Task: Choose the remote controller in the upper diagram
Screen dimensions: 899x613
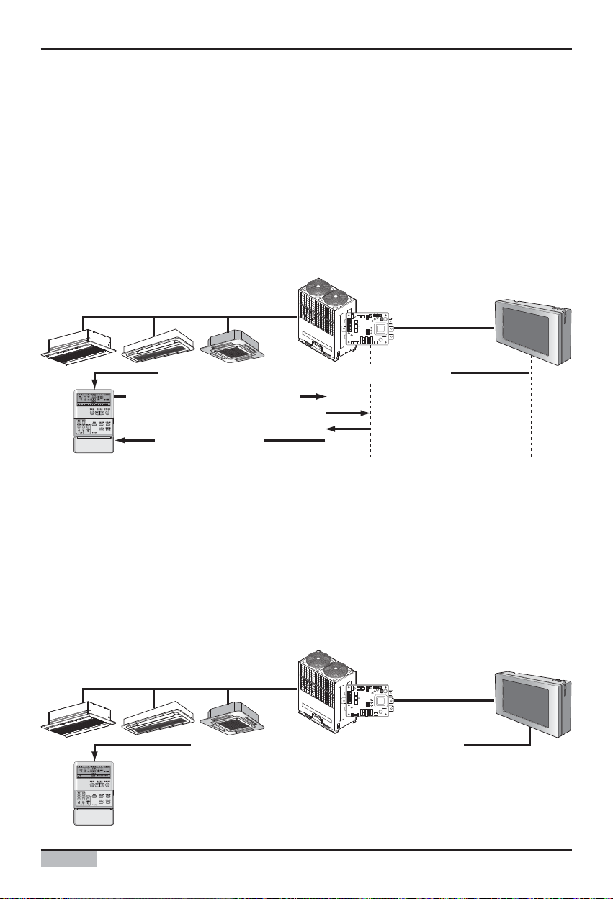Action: (x=94, y=421)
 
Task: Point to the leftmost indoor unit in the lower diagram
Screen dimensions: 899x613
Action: (x=76, y=723)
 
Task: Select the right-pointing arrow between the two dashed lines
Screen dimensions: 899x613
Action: (x=364, y=413)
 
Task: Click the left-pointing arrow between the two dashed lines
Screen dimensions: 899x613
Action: (x=331, y=429)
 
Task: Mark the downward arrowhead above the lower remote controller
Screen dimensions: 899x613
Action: (x=94, y=757)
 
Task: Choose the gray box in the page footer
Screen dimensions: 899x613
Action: (x=69, y=859)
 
